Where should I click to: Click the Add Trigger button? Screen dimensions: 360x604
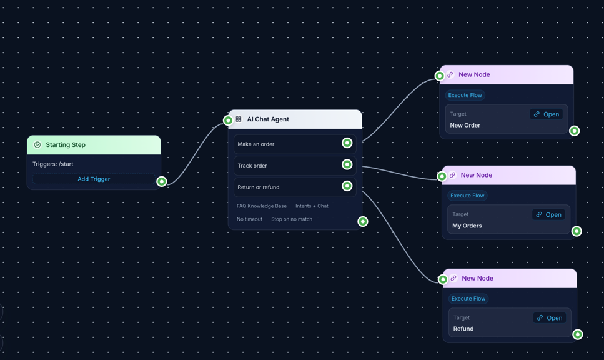click(x=94, y=179)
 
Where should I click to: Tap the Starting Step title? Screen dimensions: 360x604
click(x=66, y=145)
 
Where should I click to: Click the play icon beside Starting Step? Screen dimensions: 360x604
click(x=37, y=145)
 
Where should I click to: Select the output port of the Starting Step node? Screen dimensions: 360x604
click(x=162, y=181)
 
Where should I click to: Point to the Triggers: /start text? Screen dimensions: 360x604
click(x=53, y=164)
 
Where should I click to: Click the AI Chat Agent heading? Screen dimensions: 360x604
click(x=268, y=119)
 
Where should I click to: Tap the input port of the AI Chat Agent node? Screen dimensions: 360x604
click(x=228, y=120)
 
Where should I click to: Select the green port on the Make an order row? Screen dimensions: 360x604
click(x=347, y=143)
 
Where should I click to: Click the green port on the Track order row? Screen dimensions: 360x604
click(x=347, y=164)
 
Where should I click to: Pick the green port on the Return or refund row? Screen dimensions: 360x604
click(x=347, y=186)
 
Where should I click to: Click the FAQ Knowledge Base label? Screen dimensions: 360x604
click(x=262, y=206)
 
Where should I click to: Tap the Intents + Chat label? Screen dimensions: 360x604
click(x=312, y=206)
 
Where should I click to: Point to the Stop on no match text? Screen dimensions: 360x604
click(x=292, y=219)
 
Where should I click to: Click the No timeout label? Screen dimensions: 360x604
click(x=249, y=219)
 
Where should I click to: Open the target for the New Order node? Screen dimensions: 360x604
click(x=547, y=114)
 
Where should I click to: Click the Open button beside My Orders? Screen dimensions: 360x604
click(x=548, y=214)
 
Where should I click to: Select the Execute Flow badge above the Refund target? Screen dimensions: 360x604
click(x=468, y=299)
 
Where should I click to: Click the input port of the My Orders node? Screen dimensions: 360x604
click(x=442, y=176)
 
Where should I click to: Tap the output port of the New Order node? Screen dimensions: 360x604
click(x=574, y=131)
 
